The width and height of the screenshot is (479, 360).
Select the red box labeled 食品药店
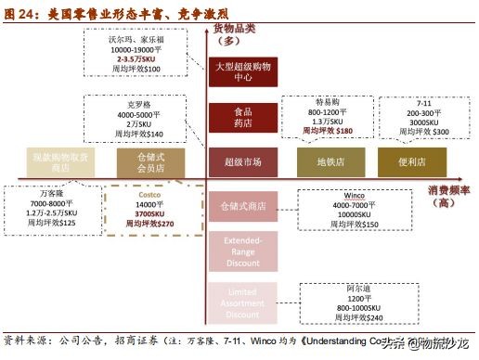242,117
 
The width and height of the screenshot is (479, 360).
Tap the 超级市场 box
242,161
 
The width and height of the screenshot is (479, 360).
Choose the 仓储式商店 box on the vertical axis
242,206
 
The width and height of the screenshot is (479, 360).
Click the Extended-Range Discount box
242,250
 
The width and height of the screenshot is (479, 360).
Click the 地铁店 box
326,161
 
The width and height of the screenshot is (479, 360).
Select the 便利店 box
406,161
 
